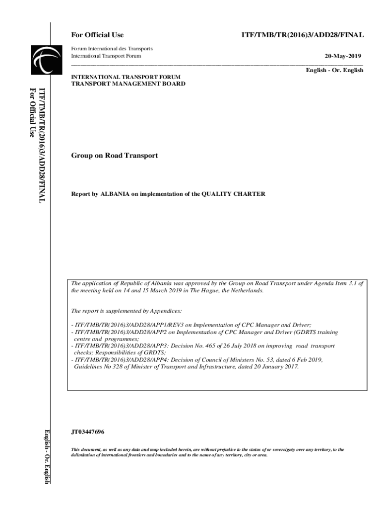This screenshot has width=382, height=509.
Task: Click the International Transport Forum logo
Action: click(39, 59)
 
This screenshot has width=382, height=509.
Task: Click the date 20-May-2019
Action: click(342, 56)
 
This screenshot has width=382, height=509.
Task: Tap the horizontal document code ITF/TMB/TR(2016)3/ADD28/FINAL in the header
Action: click(302, 35)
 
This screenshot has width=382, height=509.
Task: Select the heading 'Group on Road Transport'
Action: click(114, 156)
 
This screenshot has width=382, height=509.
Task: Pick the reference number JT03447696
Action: click(88, 432)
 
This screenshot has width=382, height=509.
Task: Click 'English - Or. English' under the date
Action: click(334, 71)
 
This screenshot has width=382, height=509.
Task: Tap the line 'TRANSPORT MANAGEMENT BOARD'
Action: click(128, 84)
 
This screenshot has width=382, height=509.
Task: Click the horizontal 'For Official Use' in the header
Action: click(97, 35)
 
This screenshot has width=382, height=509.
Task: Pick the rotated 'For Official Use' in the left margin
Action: click(33, 112)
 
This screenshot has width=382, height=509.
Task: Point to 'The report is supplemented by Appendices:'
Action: click(127, 311)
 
